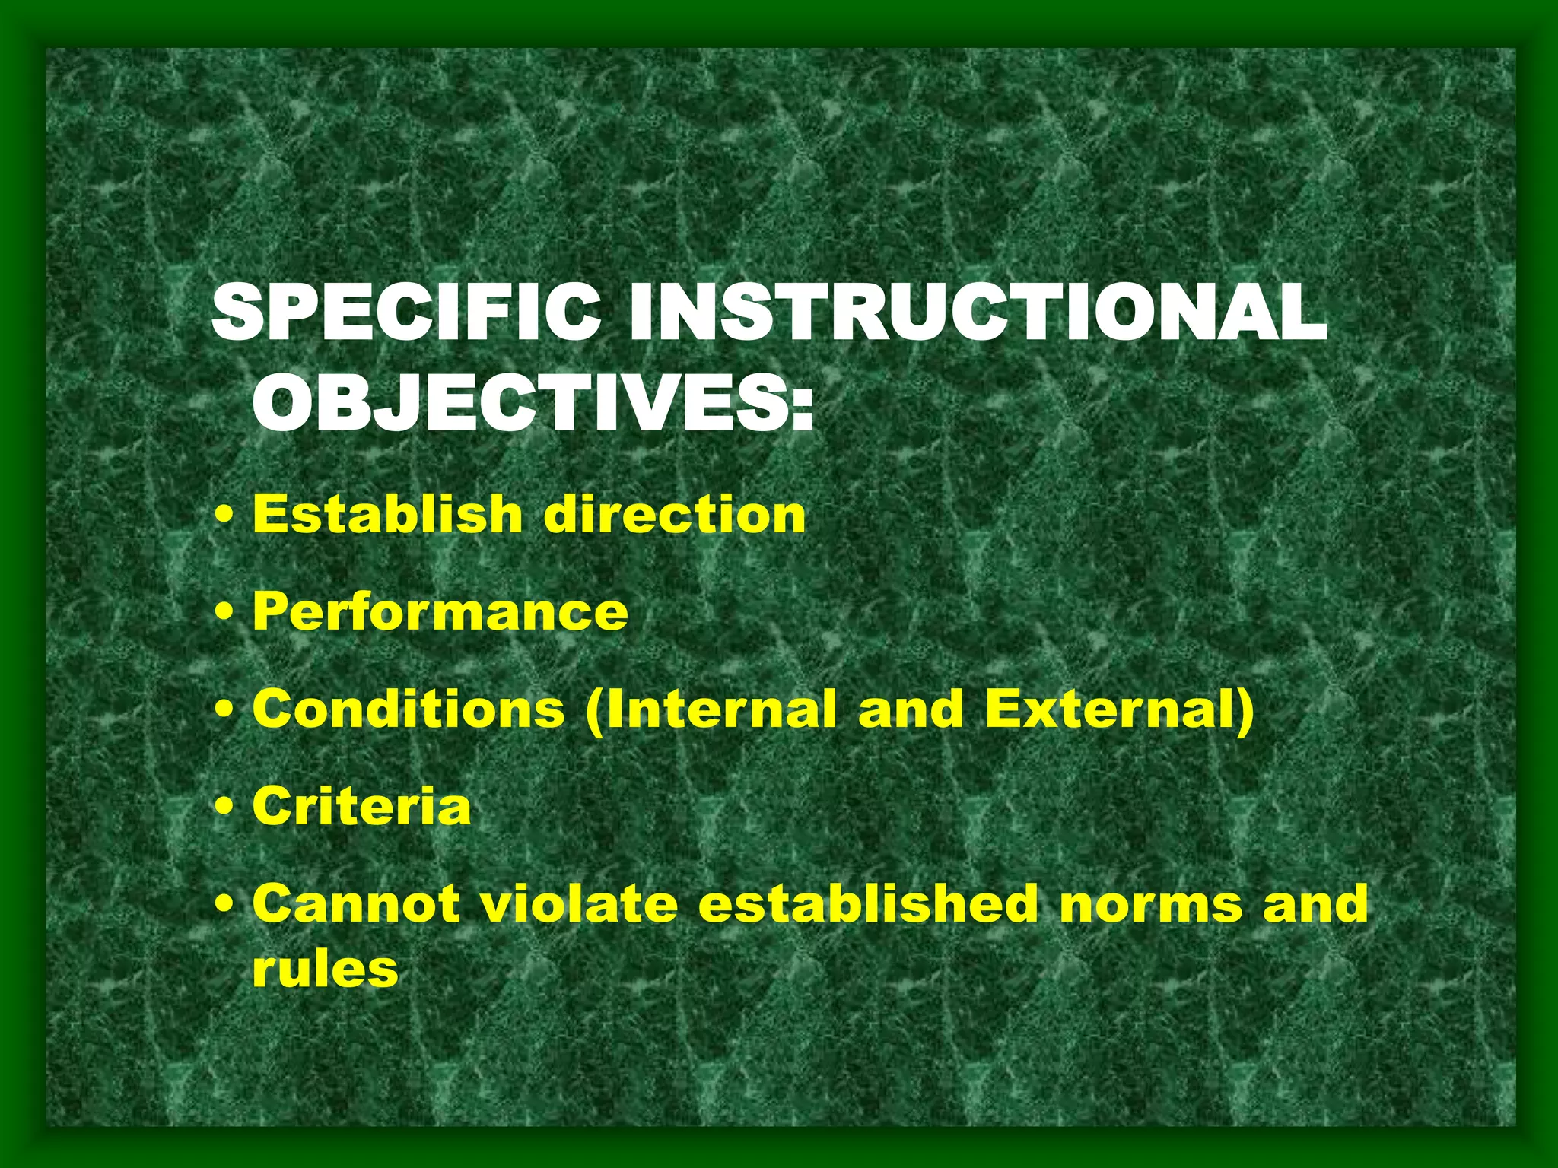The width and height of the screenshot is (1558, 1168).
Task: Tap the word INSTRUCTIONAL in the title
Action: click(x=978, y=313)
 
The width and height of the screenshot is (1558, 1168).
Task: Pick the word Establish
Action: click(x=387, y=514)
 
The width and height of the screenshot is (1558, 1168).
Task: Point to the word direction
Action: click(x=674, y=514)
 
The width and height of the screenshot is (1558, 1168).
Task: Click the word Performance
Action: click(x=440, y=612)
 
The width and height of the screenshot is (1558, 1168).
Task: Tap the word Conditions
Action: click(x=409, y=709)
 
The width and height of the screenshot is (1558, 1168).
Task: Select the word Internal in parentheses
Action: click(x=720, y=709)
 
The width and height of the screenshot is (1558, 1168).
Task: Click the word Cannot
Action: click(x=356, y=903)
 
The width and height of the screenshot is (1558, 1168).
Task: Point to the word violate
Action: click(x=580, y=903)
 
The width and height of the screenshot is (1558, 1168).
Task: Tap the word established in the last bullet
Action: click(x=868, y=903)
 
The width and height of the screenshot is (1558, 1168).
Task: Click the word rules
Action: click(x=325, y=970)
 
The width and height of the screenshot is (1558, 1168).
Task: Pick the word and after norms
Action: click(x=1315, y=903)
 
